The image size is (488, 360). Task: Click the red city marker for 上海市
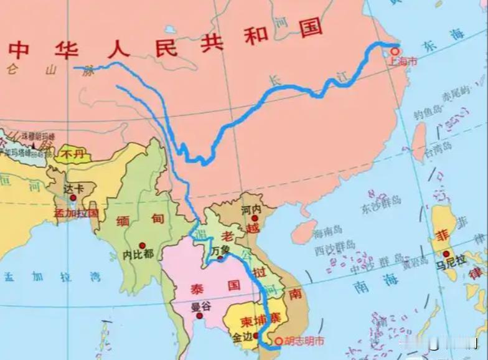[393, 51]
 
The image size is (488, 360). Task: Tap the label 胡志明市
[304, 341]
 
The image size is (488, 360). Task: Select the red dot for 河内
[254, 218]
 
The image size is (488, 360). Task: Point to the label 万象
[220, 249]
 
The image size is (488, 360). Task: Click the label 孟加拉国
[76, 212]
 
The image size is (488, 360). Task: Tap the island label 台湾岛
[438, 150]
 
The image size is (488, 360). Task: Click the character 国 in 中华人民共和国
[311, 27]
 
